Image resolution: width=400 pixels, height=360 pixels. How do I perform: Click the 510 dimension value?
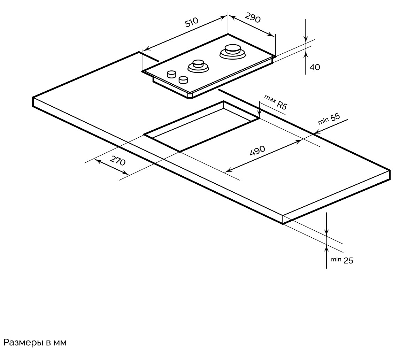pyautogui.click(x=191, y=23)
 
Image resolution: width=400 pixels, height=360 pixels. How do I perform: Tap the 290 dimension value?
pyautogui.click(x=253, y=18)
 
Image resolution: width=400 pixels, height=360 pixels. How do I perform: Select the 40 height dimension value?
pyautogui.click(x=315, y=67)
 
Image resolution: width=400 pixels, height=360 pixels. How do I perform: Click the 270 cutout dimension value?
pyautogui.click(x=118, y=161)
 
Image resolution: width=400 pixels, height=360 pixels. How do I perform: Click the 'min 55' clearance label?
pyautogui.click(x=329, y=119)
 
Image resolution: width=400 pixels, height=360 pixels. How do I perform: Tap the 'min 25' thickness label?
pyautogui.click(x=342, y=260)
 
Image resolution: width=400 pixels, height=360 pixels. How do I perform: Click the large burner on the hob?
pyautogui.click(x=232, y=51)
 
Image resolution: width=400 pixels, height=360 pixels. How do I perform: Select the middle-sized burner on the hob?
pyautogui.click(x=198, y=65)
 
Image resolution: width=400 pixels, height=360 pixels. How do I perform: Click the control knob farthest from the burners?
pyautogui.click(x=171, y=74)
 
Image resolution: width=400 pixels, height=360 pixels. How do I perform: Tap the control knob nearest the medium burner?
pyautogui.click(x=183, y=80)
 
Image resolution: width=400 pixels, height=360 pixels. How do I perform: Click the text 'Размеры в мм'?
pyautogui.click(x=34, y=342)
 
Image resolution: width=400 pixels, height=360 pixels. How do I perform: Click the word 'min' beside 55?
pyautogui.click(x=323, y=121)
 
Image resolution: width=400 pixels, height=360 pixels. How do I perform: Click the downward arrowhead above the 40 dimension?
pyautogui.click(x=306, y=39)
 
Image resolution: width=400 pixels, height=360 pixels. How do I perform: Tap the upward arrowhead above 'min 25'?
pyautogui.click(x=326, y=248)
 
